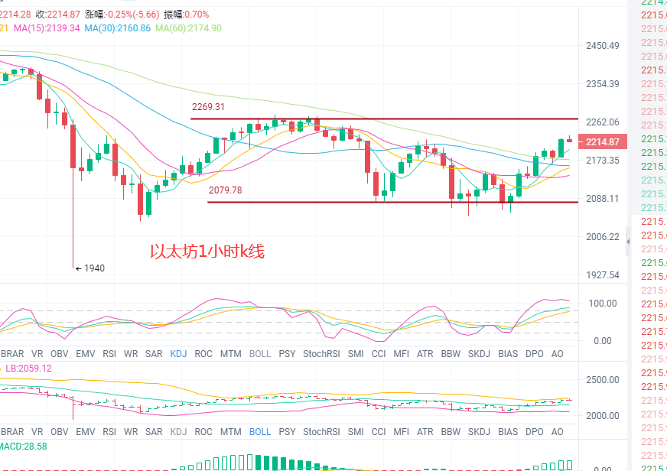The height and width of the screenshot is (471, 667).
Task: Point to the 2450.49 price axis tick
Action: [x=602, y=46]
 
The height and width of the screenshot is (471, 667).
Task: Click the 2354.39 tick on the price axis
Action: [x=602, y=84]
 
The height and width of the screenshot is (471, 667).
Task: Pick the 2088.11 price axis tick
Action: [x=602, y=198]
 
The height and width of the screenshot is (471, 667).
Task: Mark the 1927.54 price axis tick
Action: [x=602, y=274]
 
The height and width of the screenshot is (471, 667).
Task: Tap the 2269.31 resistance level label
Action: [x=208, y=107]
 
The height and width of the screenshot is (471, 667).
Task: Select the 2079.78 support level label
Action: [x=225, y=190]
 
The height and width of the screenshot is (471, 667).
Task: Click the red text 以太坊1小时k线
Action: [x=207, y=251]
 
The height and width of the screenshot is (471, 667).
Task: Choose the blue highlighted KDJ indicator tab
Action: [x=178, y=354]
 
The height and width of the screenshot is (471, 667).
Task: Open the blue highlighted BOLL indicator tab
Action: [x=260, y=431]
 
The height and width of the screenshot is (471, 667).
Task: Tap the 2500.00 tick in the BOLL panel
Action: [x=603, y=380]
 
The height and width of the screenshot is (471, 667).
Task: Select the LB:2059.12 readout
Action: [x=27, y=368]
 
